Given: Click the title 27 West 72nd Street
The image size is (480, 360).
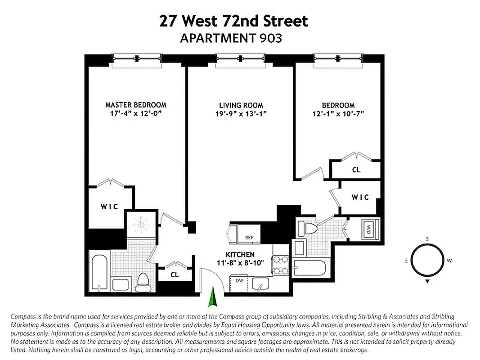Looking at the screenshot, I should pyautogui.click(x=234, y=21).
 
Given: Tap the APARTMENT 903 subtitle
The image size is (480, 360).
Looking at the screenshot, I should pyautogui.click(x=231, y=38).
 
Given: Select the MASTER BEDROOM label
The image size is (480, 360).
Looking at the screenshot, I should pyautogui.click(x=135, y=105).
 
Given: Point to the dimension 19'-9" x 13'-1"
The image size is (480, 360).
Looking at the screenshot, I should pyautogui.click(x=241, y=114).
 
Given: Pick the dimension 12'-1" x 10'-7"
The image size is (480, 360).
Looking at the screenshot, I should pyautogui.click(x=338, y=114).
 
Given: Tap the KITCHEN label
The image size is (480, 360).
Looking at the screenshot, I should pyautogui.click(x=241, y=254).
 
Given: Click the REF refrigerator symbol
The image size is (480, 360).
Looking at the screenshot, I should pyautogui.click(x=250, y=238).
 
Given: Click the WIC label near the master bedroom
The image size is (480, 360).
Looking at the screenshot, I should pyautogui.click(x=109, y=207).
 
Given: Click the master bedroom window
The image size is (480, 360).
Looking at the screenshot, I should pyautogui.click(x=136, y=59).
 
